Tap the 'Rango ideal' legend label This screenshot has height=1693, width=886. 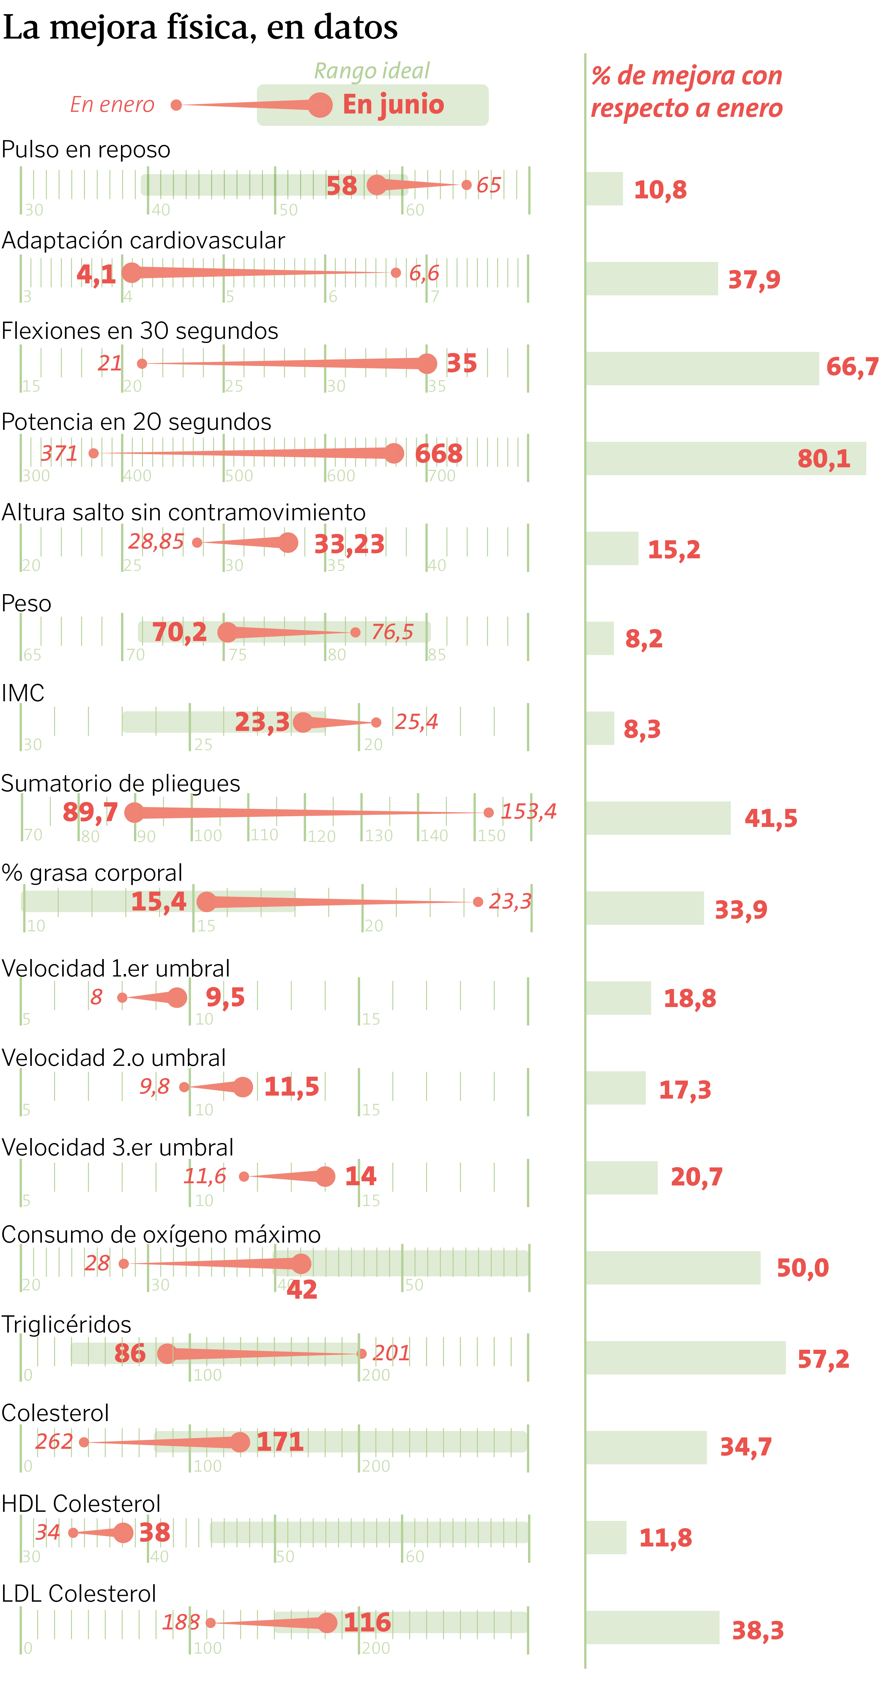[x=372, y=70]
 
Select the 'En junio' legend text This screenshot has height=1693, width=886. [x=393, y=105]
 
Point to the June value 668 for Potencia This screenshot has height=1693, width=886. [x=438, y=453]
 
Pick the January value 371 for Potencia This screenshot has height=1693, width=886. [x=59, y=453]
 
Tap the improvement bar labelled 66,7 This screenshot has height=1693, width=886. [x=702, y=369]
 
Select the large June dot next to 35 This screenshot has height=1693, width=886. [x=427, y=364]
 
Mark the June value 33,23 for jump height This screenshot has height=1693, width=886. [x=349, y=544]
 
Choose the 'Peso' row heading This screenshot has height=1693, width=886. [x=26, y=603]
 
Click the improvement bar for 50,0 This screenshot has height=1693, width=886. [x=673, y=1268]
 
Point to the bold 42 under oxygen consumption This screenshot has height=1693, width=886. [x=302, y=1290]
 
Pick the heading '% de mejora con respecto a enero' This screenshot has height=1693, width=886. [x=687, y=92]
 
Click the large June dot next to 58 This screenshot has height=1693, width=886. [x=377, y=185]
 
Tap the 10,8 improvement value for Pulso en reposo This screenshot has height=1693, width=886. [x=660, y=190]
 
